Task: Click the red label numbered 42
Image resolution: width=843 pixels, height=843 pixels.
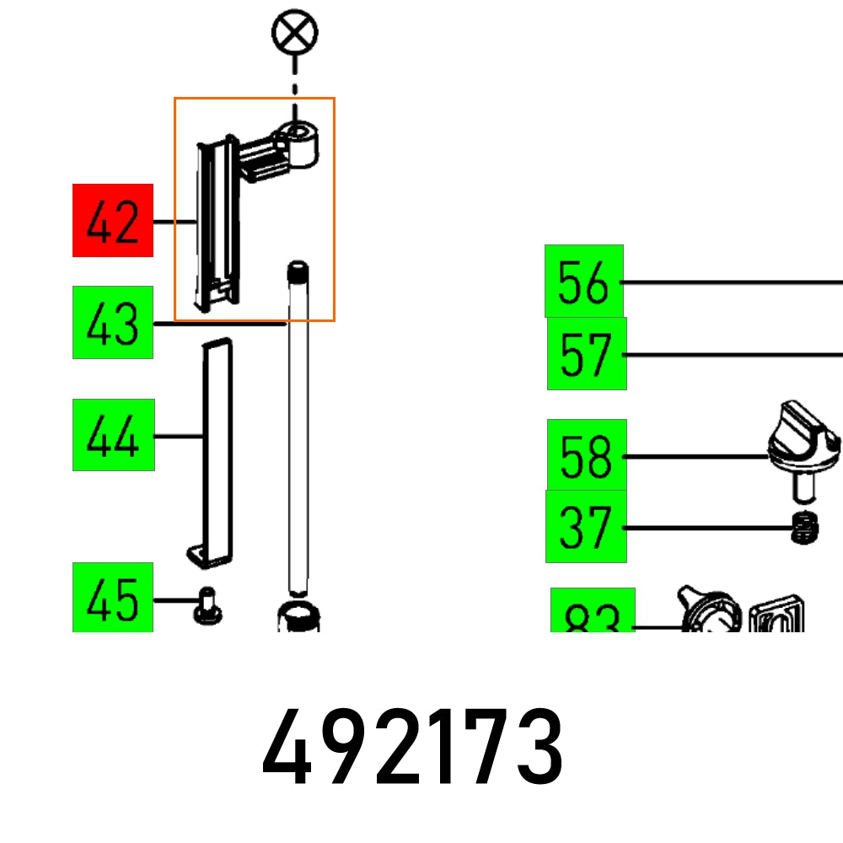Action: point(113,220)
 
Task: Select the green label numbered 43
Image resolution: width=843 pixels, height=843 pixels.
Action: point(113,323)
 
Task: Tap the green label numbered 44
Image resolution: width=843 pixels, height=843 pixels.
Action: point(114,435)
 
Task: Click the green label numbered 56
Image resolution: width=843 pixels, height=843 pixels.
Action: point(584,282)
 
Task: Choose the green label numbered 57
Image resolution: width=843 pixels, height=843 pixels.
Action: point(587,354)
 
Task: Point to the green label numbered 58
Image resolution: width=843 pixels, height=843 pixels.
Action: point(587,455)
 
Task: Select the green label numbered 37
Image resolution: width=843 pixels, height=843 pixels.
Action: point(586,527)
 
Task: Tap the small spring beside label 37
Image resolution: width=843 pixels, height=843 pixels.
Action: point(808,529)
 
